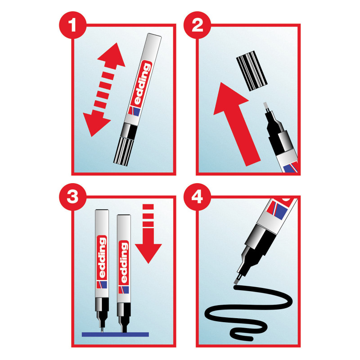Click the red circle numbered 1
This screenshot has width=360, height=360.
(x=73, y=25)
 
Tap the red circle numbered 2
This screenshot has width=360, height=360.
(x=197, y=25)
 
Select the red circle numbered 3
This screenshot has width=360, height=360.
(x=73, y=197)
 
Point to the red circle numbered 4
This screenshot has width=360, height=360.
(x=197, y=197)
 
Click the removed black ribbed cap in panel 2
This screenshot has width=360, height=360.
(x=252, y=71)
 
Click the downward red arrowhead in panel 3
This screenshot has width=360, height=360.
(x=148, y=253)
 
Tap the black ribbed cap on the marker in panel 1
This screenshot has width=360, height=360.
(x=124, y=150)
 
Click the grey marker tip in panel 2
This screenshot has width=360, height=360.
(x=266, y=106)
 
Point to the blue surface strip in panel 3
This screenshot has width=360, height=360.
(x=115, y=334)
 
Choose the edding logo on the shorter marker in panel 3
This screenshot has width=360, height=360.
(x=124, y=263)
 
